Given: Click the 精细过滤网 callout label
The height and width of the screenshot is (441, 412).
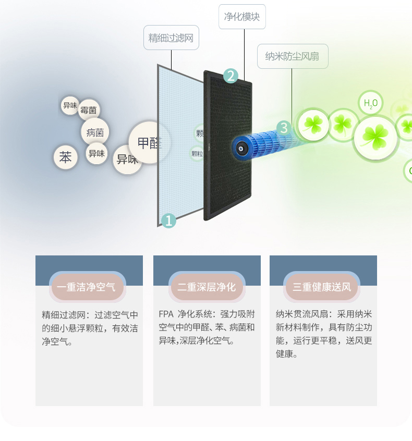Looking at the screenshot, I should click(171, 38).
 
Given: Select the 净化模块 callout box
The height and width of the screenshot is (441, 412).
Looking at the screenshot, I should click(242, 17).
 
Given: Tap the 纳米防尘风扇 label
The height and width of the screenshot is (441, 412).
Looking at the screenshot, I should click(293, 56).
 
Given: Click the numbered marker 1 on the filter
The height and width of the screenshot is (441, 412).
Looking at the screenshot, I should click(168, 220).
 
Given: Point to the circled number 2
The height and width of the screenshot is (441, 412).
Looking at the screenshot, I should click(231, 76).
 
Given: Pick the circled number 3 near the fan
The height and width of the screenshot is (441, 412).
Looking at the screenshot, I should click(283, 127).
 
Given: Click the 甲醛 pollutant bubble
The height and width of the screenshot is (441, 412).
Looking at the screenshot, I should click(150, 142).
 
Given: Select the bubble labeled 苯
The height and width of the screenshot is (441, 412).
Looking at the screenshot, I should click(65, 157).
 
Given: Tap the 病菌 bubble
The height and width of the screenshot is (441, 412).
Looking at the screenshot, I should click(95, 132).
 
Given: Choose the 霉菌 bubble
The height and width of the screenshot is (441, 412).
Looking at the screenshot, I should click(89, 110).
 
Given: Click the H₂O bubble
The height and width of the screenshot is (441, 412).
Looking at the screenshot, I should click(370, 103).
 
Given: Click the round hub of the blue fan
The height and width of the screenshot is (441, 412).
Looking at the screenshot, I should click(241, 148).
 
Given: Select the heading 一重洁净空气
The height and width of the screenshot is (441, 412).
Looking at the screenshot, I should click(87, 287).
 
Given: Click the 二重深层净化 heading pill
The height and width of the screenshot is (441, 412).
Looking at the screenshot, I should click(207, 287).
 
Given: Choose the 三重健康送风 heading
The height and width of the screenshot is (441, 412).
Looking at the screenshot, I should click(322, 287).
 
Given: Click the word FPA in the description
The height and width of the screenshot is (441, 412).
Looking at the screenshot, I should click(166, 314).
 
